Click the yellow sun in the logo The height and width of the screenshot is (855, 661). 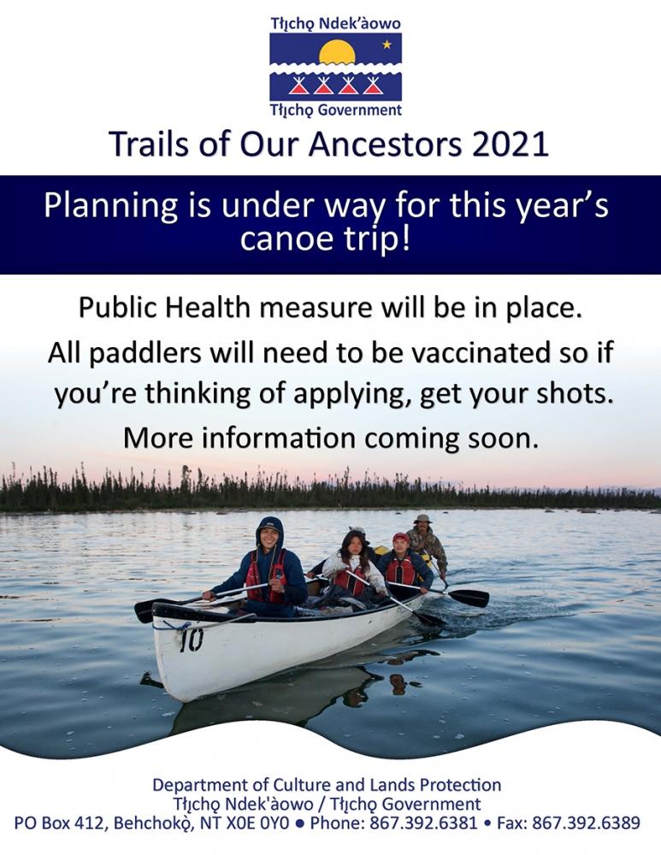tap(337, 52)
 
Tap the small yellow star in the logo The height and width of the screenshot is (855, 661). tap(387, 44)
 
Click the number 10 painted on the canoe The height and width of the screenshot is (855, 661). tap(192, 640)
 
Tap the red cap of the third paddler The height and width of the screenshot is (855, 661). tap(400, 538)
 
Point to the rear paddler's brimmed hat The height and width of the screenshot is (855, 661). tap(422, 519)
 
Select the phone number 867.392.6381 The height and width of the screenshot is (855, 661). tap(423, 823)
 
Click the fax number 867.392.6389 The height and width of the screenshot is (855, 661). tap(585, 823)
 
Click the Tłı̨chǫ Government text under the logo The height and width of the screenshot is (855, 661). tap(336, 110)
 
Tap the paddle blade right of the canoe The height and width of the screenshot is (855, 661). tap(469, 598)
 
